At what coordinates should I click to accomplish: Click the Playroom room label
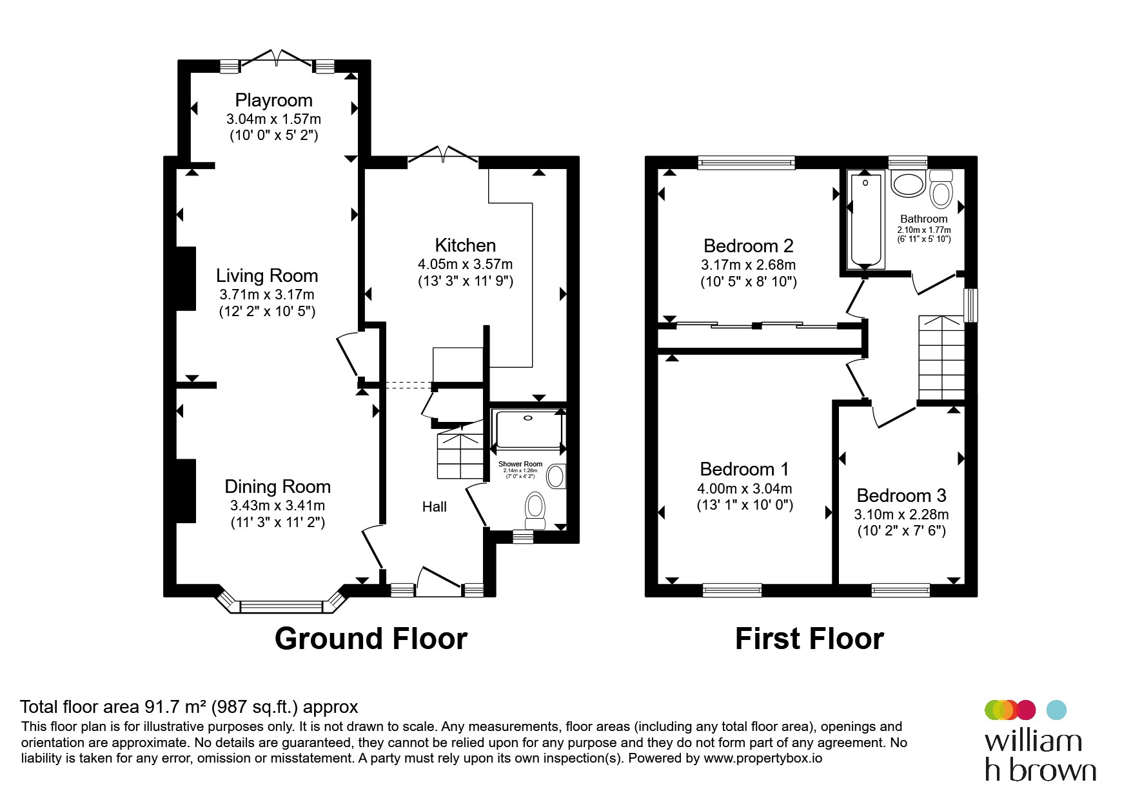[273, 100]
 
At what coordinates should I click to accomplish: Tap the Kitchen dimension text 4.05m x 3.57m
[465, 264]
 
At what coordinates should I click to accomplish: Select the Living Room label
[267, 276]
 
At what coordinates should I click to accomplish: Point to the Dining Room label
[277, 486]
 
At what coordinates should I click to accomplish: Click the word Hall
[435, 507]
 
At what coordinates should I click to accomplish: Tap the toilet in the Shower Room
[535, 510]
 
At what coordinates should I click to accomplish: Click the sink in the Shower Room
[555, 477]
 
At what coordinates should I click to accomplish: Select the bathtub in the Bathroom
[865, 219]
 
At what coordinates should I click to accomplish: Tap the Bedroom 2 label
[748, 246]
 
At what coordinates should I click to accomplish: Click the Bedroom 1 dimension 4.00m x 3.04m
[745, 489]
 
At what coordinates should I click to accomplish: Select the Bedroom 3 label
[901, 495]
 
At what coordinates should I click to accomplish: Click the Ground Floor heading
[371, 639]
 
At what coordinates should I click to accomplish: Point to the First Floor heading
[809, 639]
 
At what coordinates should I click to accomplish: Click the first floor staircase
[941, 358]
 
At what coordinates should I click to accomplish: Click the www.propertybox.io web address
[763, 758]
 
